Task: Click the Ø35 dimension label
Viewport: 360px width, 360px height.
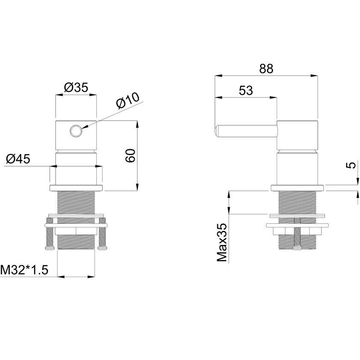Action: (x=76, y=88)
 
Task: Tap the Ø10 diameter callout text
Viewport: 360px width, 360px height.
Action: (x=128, y=100)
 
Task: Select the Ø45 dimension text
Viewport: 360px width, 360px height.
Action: (x=18, y=159)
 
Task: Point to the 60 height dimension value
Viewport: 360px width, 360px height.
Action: (x=130, y=156)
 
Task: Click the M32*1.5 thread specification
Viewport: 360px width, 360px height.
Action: (x=24, y=270)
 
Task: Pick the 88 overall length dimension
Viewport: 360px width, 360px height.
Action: (x=266, y=68)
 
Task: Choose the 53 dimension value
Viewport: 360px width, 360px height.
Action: (x=246, y=90)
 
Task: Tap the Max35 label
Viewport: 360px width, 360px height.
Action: (x=222, y=242)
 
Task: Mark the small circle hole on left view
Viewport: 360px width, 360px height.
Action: (x=76, y=131)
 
